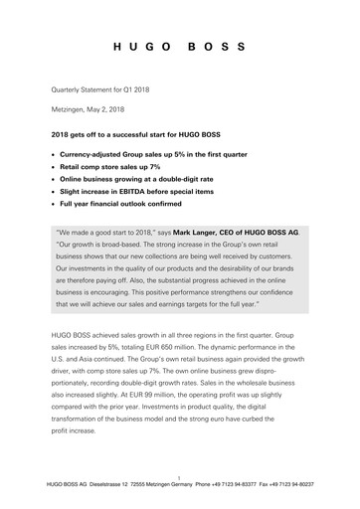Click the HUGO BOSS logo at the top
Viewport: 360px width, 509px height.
[x=179, y=48]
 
